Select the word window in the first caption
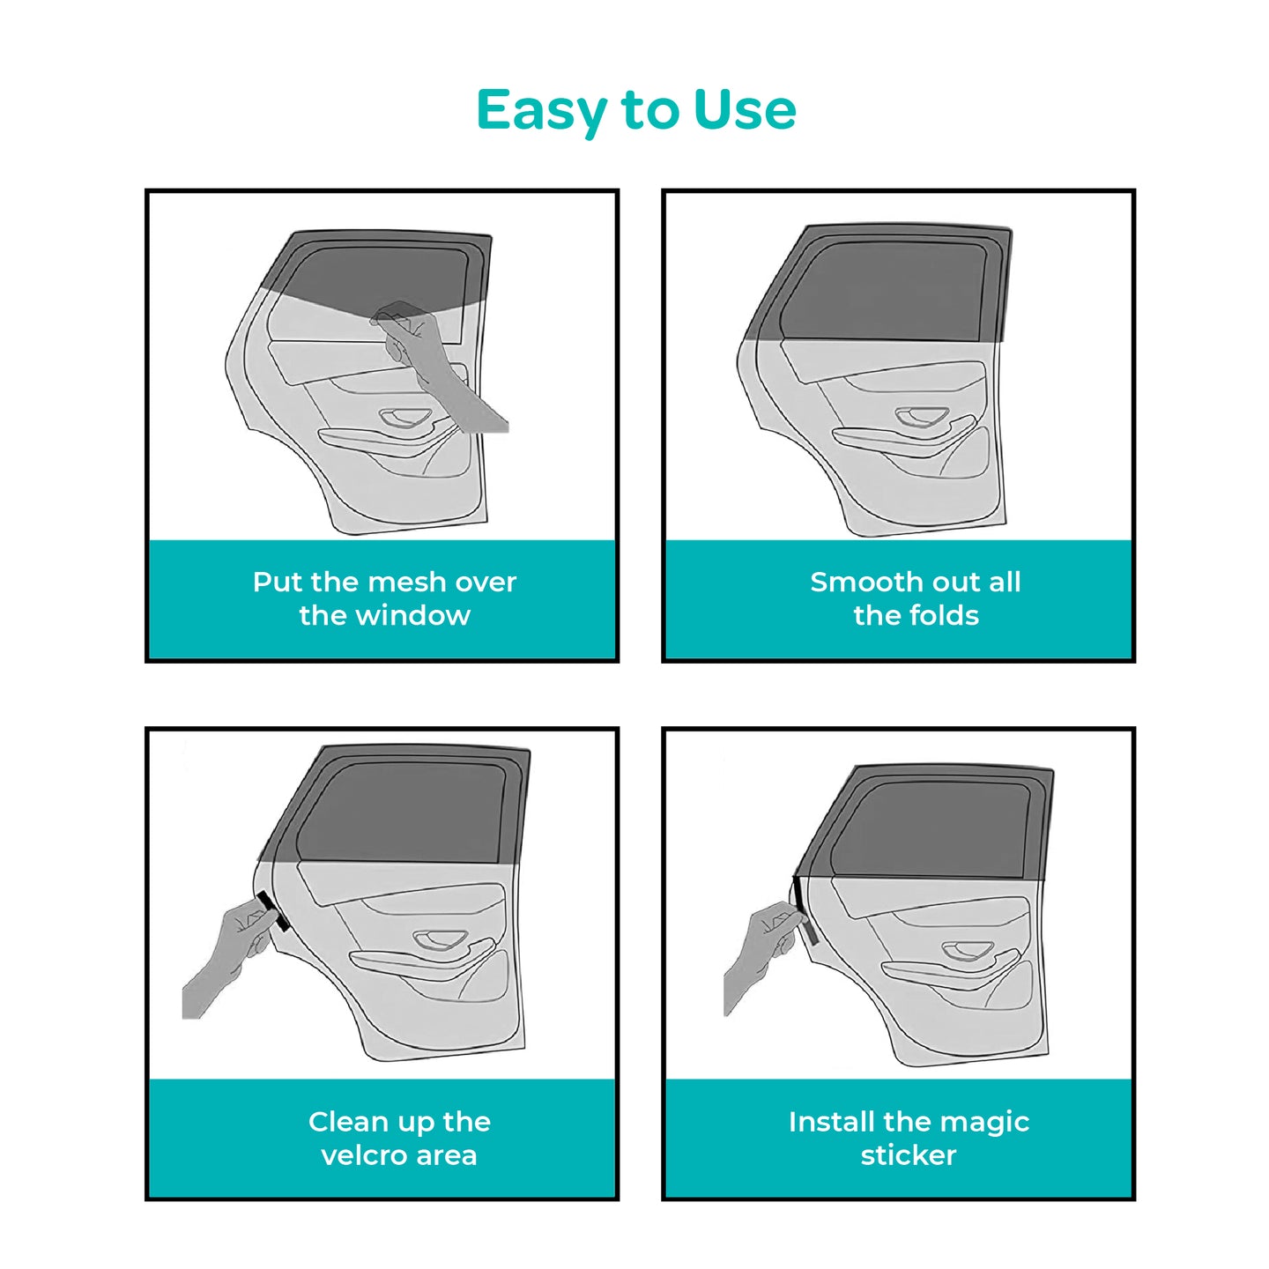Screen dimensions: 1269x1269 click(412, 616)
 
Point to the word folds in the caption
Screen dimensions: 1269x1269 click(944, 616)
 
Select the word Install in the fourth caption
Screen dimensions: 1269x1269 click(832, 1122)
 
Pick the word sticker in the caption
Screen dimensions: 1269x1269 click(909, 1155)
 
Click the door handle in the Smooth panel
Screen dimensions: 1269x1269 click(921, 416)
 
